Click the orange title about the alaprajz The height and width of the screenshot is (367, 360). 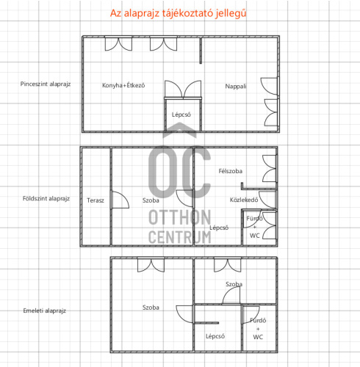tap(178, 13)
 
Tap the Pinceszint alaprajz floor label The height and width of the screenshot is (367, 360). tap(46, 84)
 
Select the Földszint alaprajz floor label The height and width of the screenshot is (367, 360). tap(46, 198)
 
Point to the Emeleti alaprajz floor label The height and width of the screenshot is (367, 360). tap(45, 310)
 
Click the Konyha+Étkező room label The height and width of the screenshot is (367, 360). tap(123, 85)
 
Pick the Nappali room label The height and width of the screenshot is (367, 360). tap(236, 87)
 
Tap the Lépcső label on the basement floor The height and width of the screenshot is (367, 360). tap(181, 115)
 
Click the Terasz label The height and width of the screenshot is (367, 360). tap(96, 200)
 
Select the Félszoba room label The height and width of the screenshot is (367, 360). tap(231, 171)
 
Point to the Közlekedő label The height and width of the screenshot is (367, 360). tap(244, 200)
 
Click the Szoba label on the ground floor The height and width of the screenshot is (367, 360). tap(151, 200)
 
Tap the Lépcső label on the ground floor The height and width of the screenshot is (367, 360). tap(219, 228)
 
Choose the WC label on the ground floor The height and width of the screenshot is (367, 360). tap(255, 236)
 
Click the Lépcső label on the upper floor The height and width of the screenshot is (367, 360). tap(215, 336)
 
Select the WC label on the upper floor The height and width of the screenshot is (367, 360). tap(258, 337)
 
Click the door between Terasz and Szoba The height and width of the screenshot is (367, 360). tap(120, 200)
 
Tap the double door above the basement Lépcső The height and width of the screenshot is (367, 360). tap(183, 90)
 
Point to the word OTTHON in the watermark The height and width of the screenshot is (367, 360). tap(180, 217)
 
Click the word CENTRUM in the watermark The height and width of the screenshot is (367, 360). tap(180, 237)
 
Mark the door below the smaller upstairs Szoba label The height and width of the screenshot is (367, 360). tap(231, 296)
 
